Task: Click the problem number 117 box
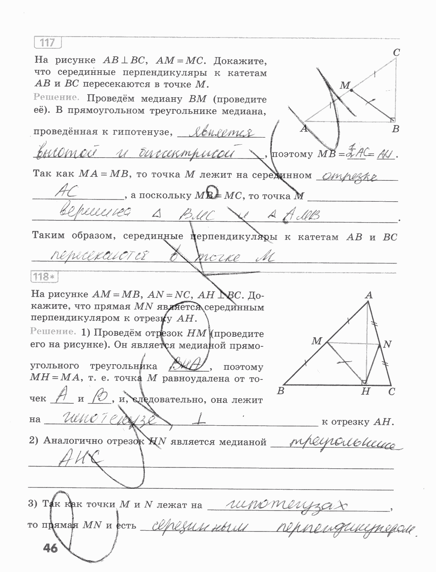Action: tap(48, 43)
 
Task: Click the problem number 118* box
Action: tap(44, 276)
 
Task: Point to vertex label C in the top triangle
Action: tap(396, 52)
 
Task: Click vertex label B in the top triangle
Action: tap(395, 129)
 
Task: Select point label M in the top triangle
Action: tap(344, 85)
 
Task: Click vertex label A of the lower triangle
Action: tap(369, 295)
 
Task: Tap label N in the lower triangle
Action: tap(387, 345)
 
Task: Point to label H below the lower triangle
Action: tap(366, 392)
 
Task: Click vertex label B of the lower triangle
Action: tap(281, 390)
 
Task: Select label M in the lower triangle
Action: tap(316, 341)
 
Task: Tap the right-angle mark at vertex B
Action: tap(393, 119)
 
